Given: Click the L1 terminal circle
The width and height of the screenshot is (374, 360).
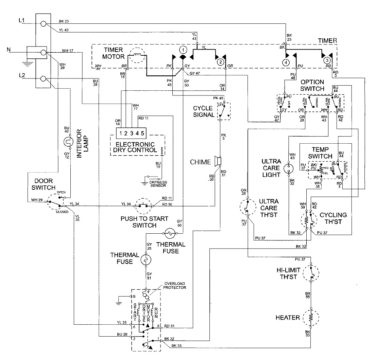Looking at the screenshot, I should point(43,24).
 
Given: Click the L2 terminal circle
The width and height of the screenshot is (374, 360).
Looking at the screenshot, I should point(43,79).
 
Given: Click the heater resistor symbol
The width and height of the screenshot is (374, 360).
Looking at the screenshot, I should point(311,318).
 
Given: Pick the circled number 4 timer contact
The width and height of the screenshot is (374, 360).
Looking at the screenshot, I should point(287,62).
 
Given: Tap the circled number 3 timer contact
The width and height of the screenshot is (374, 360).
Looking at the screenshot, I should point(327,60).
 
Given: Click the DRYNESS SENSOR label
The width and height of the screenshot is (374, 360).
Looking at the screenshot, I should point(158,184).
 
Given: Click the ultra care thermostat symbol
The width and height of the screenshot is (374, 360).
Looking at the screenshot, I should point(249,208).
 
